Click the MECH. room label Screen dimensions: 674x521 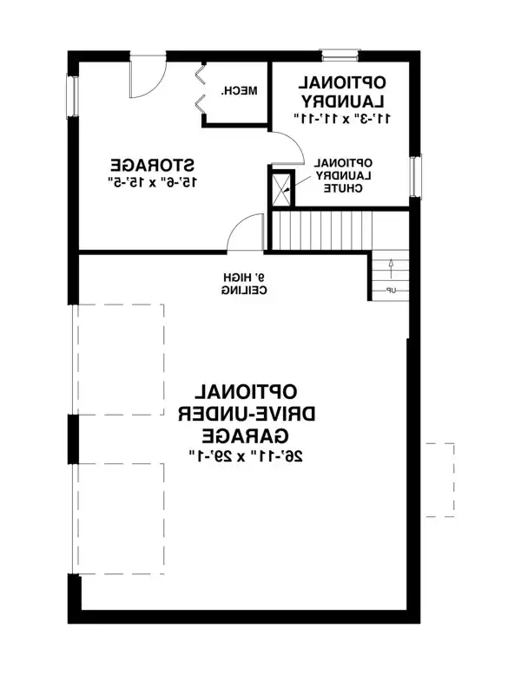[236, 91]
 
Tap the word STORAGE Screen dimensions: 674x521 [151, 164]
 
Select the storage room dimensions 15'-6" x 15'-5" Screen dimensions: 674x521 [151, 181]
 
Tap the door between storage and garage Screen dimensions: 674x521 [246, 232]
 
